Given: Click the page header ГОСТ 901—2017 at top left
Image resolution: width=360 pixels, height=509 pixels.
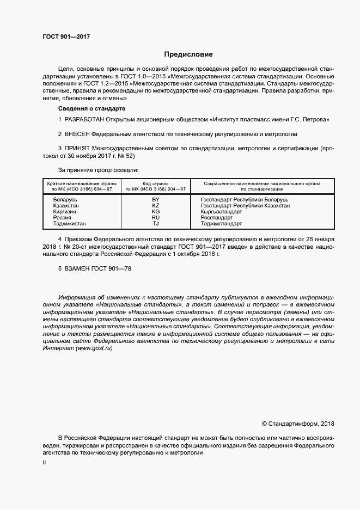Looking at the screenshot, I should (66, 37).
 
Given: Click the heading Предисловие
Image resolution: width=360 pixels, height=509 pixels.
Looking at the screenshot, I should (188, 54).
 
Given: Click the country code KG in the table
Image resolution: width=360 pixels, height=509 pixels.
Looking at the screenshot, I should (155, 212).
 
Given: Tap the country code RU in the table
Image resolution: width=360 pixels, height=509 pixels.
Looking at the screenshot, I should (155, 218).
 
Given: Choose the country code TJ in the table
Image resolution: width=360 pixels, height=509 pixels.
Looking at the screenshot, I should (155, 223).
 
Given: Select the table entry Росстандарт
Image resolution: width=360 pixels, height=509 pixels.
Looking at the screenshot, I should (217, 218).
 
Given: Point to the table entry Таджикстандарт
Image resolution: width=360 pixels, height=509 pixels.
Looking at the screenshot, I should (221, 223).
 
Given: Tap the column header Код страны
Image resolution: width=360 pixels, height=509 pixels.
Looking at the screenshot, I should (155, 183).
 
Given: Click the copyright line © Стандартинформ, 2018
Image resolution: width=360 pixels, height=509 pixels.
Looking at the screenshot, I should (298, 424).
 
